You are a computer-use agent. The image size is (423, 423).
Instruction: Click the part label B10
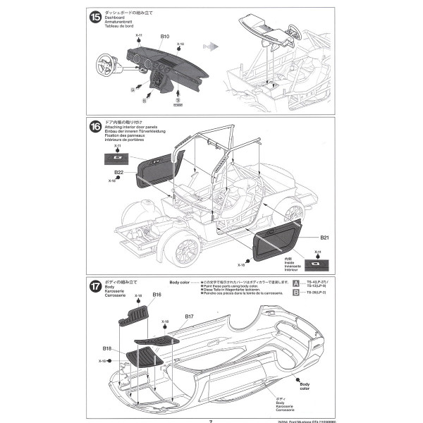point(165,36)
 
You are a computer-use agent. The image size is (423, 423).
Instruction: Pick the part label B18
point(107,348)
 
